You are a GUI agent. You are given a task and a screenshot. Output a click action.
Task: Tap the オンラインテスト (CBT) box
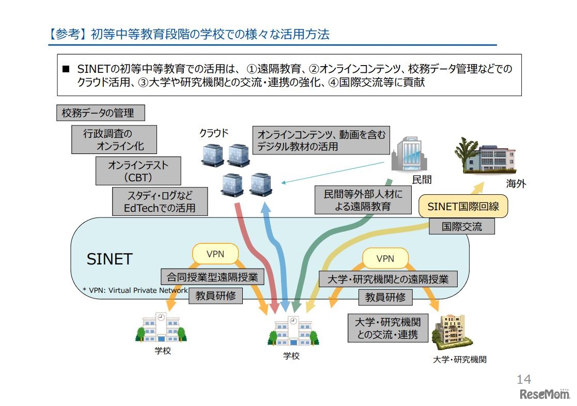(x=138, y=171)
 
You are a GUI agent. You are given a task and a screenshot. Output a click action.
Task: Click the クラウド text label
(x=214, y=133)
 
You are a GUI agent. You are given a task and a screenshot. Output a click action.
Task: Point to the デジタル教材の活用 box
(x=321, y=140)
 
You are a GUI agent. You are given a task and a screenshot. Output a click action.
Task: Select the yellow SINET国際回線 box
(x=463, y=207)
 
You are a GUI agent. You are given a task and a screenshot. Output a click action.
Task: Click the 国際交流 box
(x=462, y=226)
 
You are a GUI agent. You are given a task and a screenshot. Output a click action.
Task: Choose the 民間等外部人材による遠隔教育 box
(x=359, y=200)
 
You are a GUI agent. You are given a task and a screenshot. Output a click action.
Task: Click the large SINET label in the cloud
(x=110, y=258)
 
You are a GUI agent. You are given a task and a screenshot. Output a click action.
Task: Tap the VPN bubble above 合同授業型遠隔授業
(x=215, y=254)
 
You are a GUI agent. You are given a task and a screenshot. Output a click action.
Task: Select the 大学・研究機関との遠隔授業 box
(x=388, y=279)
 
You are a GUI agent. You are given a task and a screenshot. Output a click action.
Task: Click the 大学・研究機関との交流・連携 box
(x=388, y=328)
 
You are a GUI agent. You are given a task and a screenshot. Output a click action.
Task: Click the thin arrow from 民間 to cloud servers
(x=336, y=172)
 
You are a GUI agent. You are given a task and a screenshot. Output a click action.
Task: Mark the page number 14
(x=523, y=380)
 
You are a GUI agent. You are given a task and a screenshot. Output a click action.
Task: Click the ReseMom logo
(x=544, y=395)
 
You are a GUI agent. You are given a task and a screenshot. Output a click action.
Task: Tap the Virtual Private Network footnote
(x=135, y=290)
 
